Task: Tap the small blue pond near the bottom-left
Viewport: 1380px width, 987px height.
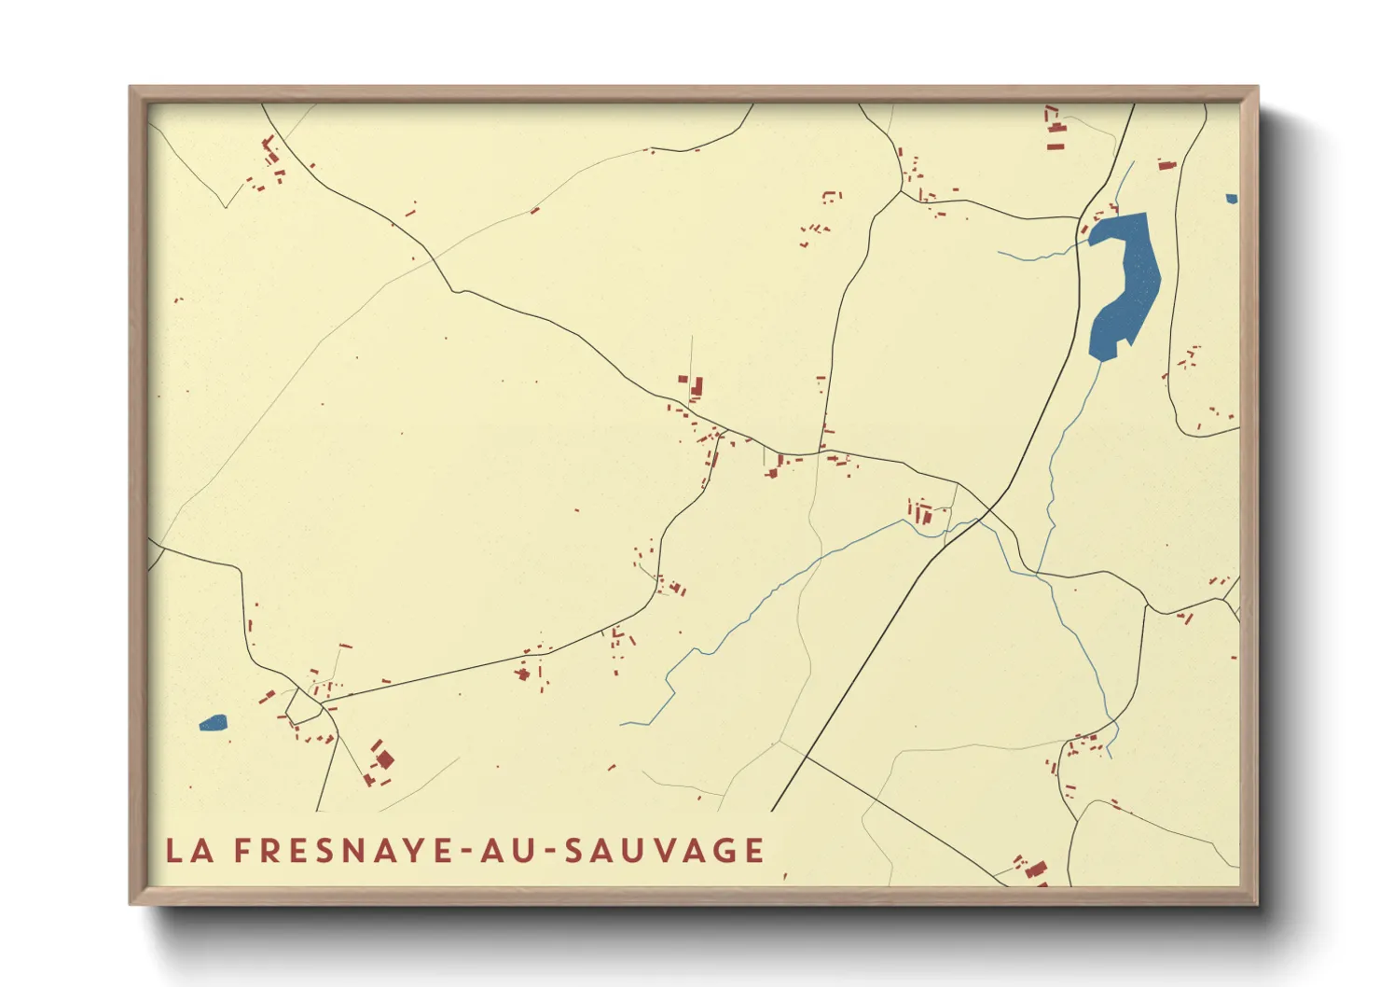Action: tap(214, 722)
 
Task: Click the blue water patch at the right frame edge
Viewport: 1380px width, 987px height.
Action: tap(1232, 199)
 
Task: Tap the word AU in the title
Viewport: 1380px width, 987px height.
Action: tap(511, 851)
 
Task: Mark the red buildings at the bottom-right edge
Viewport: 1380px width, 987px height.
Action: tap(1032, 869)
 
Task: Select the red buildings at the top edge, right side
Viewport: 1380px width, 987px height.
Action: tap(1055, 129)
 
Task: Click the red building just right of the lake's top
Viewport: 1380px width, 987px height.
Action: tap(1166, 165)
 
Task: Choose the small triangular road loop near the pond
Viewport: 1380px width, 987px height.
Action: tap(304, 706)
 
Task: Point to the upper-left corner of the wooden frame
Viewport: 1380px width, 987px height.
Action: tap(132, 89)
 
